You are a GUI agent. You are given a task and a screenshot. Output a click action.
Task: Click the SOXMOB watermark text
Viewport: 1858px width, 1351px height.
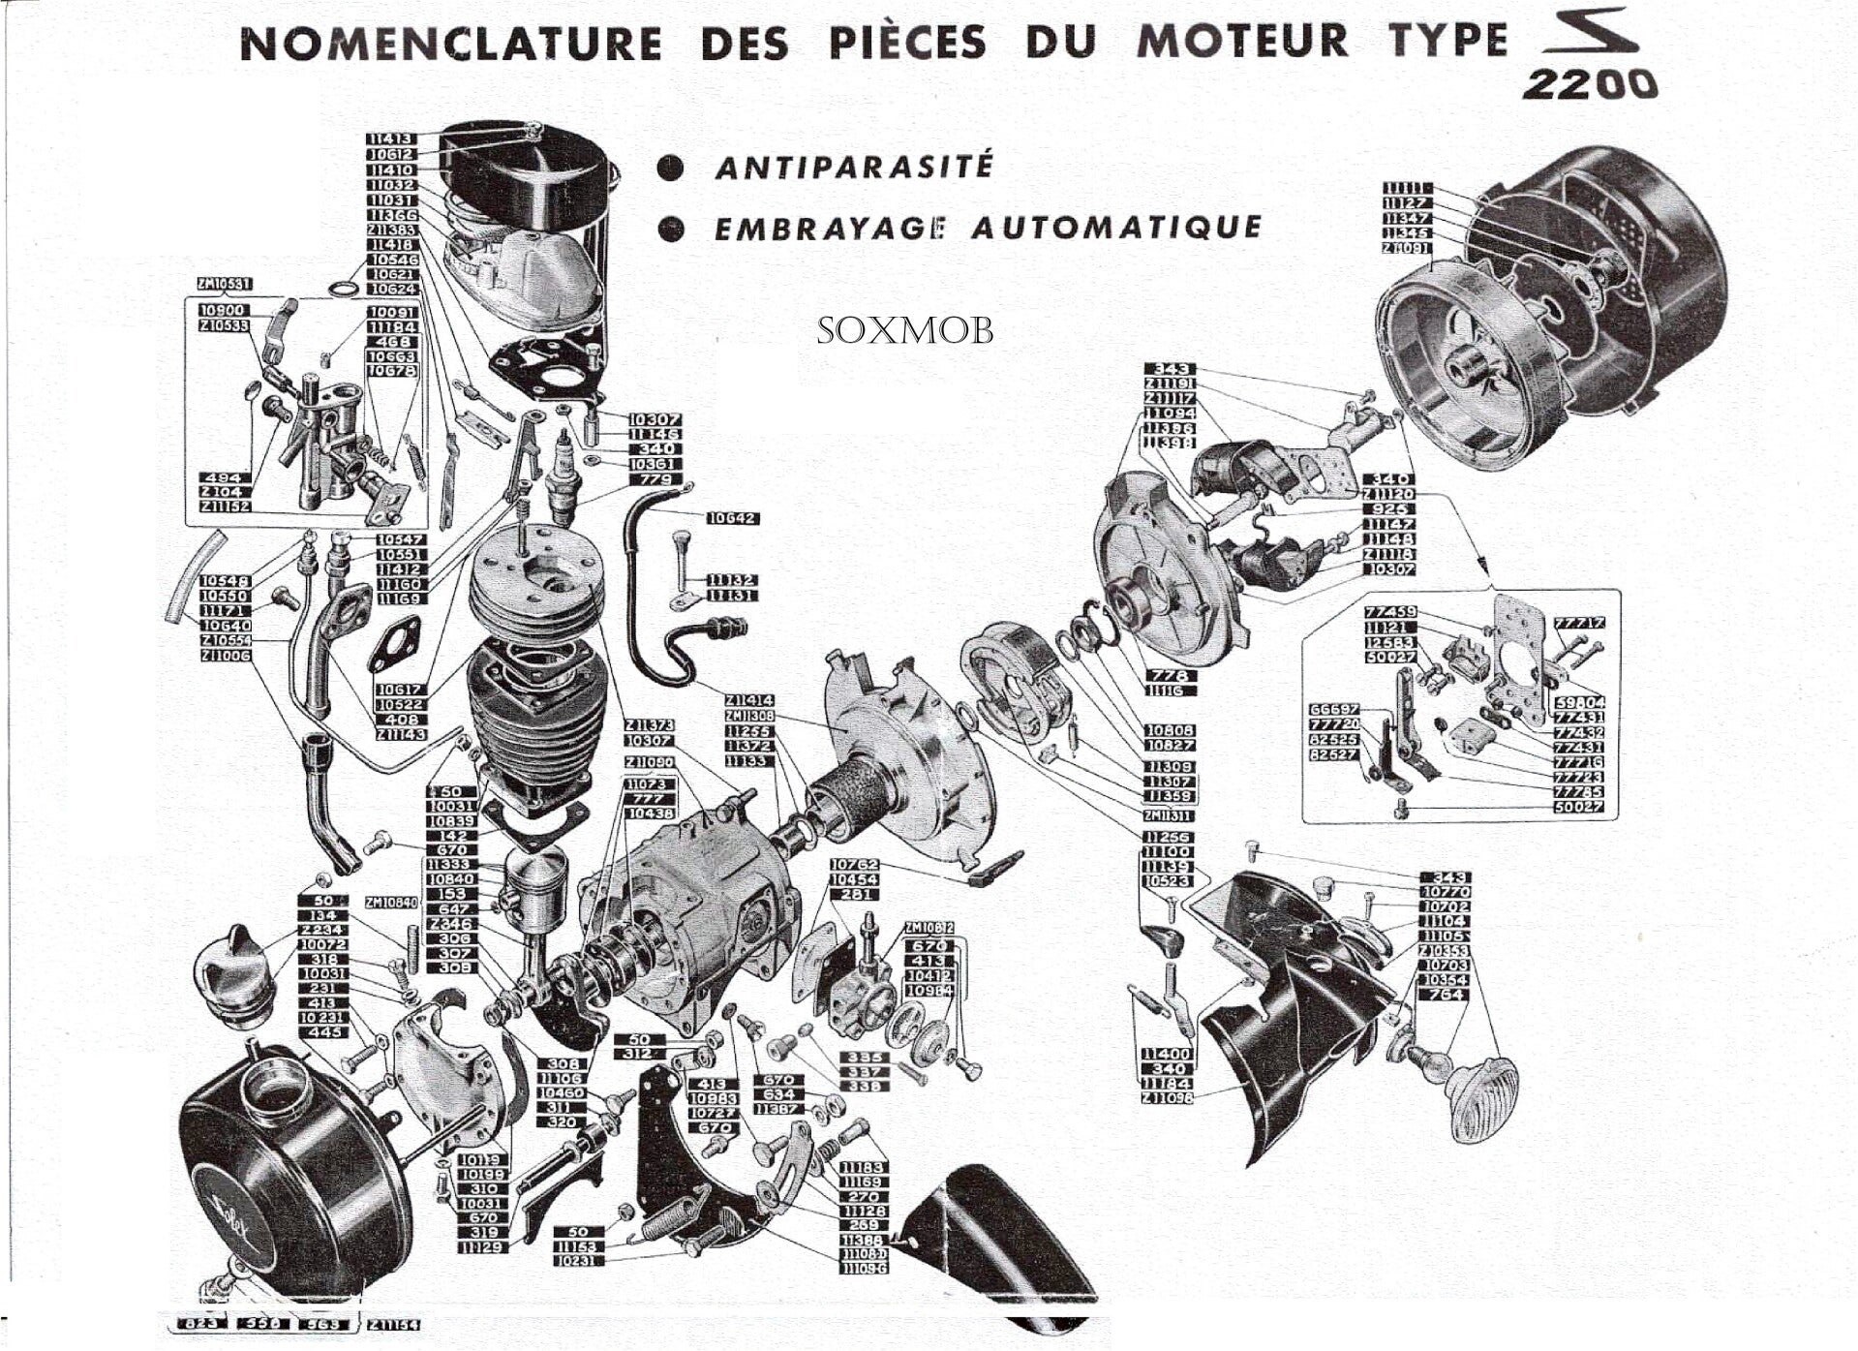click(904, 330)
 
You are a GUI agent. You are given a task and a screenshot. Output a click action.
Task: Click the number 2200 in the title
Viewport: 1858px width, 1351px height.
click(1589, 84)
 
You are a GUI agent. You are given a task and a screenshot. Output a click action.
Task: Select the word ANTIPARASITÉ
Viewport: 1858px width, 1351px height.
click(854, 167)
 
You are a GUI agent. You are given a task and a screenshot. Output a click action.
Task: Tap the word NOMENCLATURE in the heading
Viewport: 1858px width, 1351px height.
click(450, 44)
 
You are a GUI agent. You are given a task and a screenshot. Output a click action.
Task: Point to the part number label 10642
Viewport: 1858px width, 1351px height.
click(732, 519)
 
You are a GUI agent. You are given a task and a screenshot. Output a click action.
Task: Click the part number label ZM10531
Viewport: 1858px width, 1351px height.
click(224, 284)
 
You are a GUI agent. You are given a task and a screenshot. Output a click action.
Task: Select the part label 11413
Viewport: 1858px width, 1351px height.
click(391, 139)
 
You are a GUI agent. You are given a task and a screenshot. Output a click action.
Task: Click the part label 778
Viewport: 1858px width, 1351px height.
click(1171, 675)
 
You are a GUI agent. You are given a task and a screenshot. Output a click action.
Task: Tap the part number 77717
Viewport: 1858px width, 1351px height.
click(1579, 623)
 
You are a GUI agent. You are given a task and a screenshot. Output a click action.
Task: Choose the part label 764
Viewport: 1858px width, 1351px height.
click(1446, 995)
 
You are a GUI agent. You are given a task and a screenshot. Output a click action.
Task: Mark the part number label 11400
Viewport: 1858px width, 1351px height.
click(1167, 1054)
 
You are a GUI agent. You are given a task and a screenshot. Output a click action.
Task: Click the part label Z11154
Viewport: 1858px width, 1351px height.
click(393, 1324)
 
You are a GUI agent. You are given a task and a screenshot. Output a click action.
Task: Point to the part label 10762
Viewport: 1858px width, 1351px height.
click(855, 864)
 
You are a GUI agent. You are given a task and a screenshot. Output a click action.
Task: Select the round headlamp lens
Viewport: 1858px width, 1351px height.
click(1481, 1090)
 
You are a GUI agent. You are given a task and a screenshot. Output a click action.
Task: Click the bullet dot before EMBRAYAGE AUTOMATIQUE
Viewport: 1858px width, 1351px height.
click(670, 230)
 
